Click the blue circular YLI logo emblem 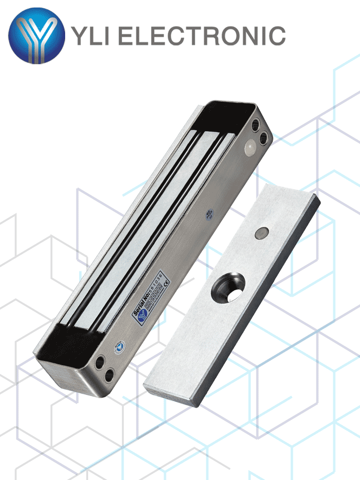point(37,36)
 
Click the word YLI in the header point(90,36)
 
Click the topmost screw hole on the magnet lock point(256,125)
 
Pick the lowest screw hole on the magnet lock point(109,375)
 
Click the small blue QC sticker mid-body point(209,215)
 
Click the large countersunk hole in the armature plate point(230,285)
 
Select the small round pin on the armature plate point(262,232)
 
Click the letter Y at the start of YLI point(78,36)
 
